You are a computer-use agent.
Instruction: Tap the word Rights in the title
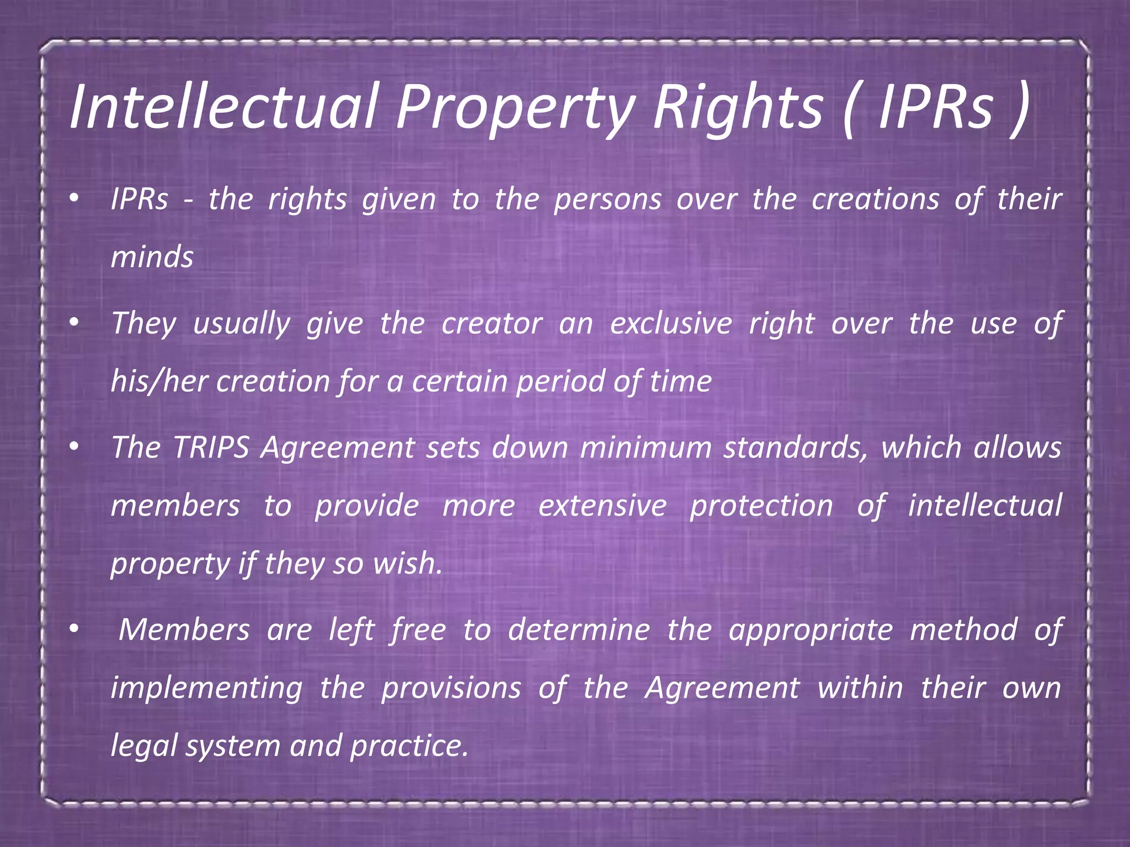[x=737, y=106]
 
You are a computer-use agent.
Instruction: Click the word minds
[x=152, y=258]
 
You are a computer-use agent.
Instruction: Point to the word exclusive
[x=671, y=324]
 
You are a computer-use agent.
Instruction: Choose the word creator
[x=492, y=324]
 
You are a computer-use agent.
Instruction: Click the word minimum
[x=646, y=447]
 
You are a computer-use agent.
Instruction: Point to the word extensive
[x=603, y=506]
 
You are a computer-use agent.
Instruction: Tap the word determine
[x=579, y=630]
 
